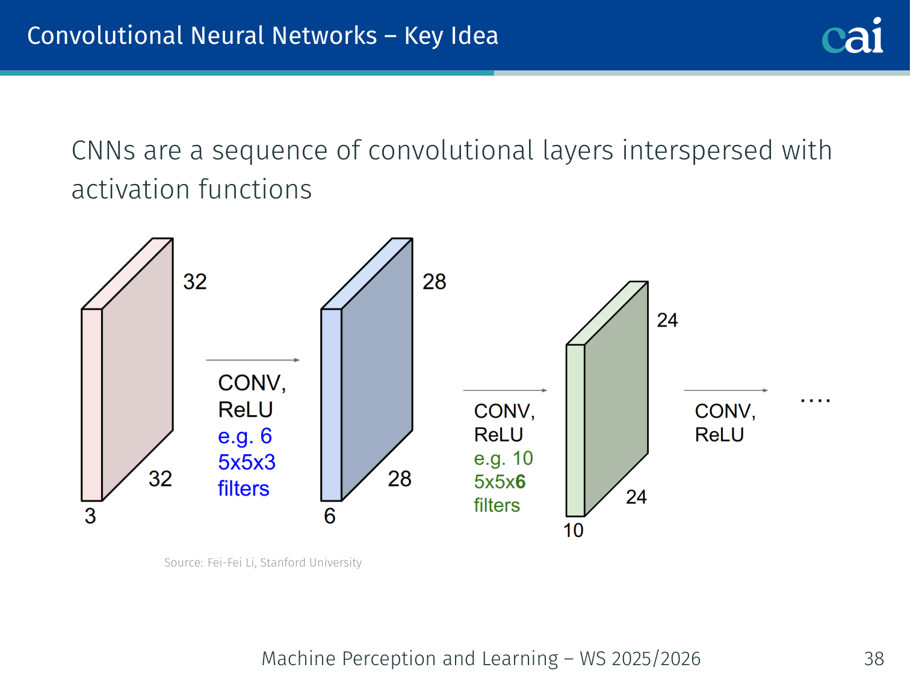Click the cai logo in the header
[852, 35]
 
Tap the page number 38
[874, 659]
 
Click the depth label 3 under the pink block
[90, 516]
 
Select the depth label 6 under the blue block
[330, 516]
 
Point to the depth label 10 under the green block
[574, 530]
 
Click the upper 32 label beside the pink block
[195, 281]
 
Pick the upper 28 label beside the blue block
[434, 281]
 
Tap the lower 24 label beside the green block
[636, 497]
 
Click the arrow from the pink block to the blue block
[253, 360]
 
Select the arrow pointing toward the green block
[505, 390]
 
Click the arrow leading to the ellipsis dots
[726, 390]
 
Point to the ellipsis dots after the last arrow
[815, 401]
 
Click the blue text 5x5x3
[247, 462]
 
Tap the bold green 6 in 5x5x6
[520, 482]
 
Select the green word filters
[497, 506]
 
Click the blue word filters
[243, 488]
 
